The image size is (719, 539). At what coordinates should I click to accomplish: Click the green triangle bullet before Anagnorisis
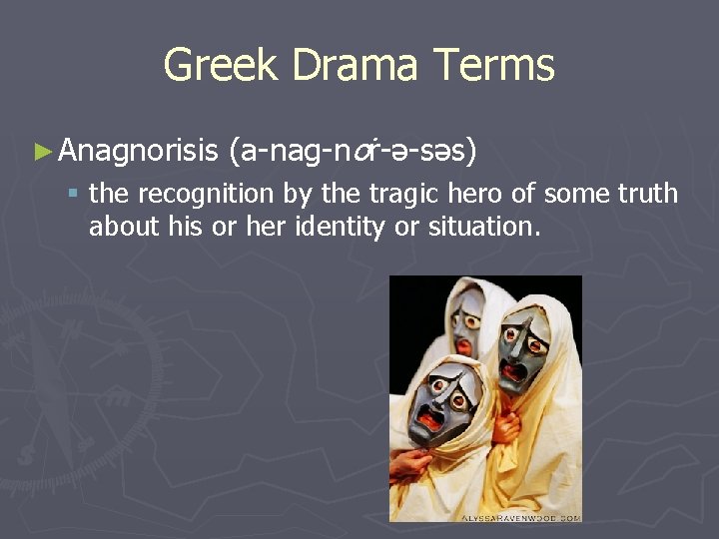[x=41, y=152]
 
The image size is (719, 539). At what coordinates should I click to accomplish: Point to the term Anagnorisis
[x=138, y=152]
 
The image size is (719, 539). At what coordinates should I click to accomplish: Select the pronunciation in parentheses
[x=353, y=152]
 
